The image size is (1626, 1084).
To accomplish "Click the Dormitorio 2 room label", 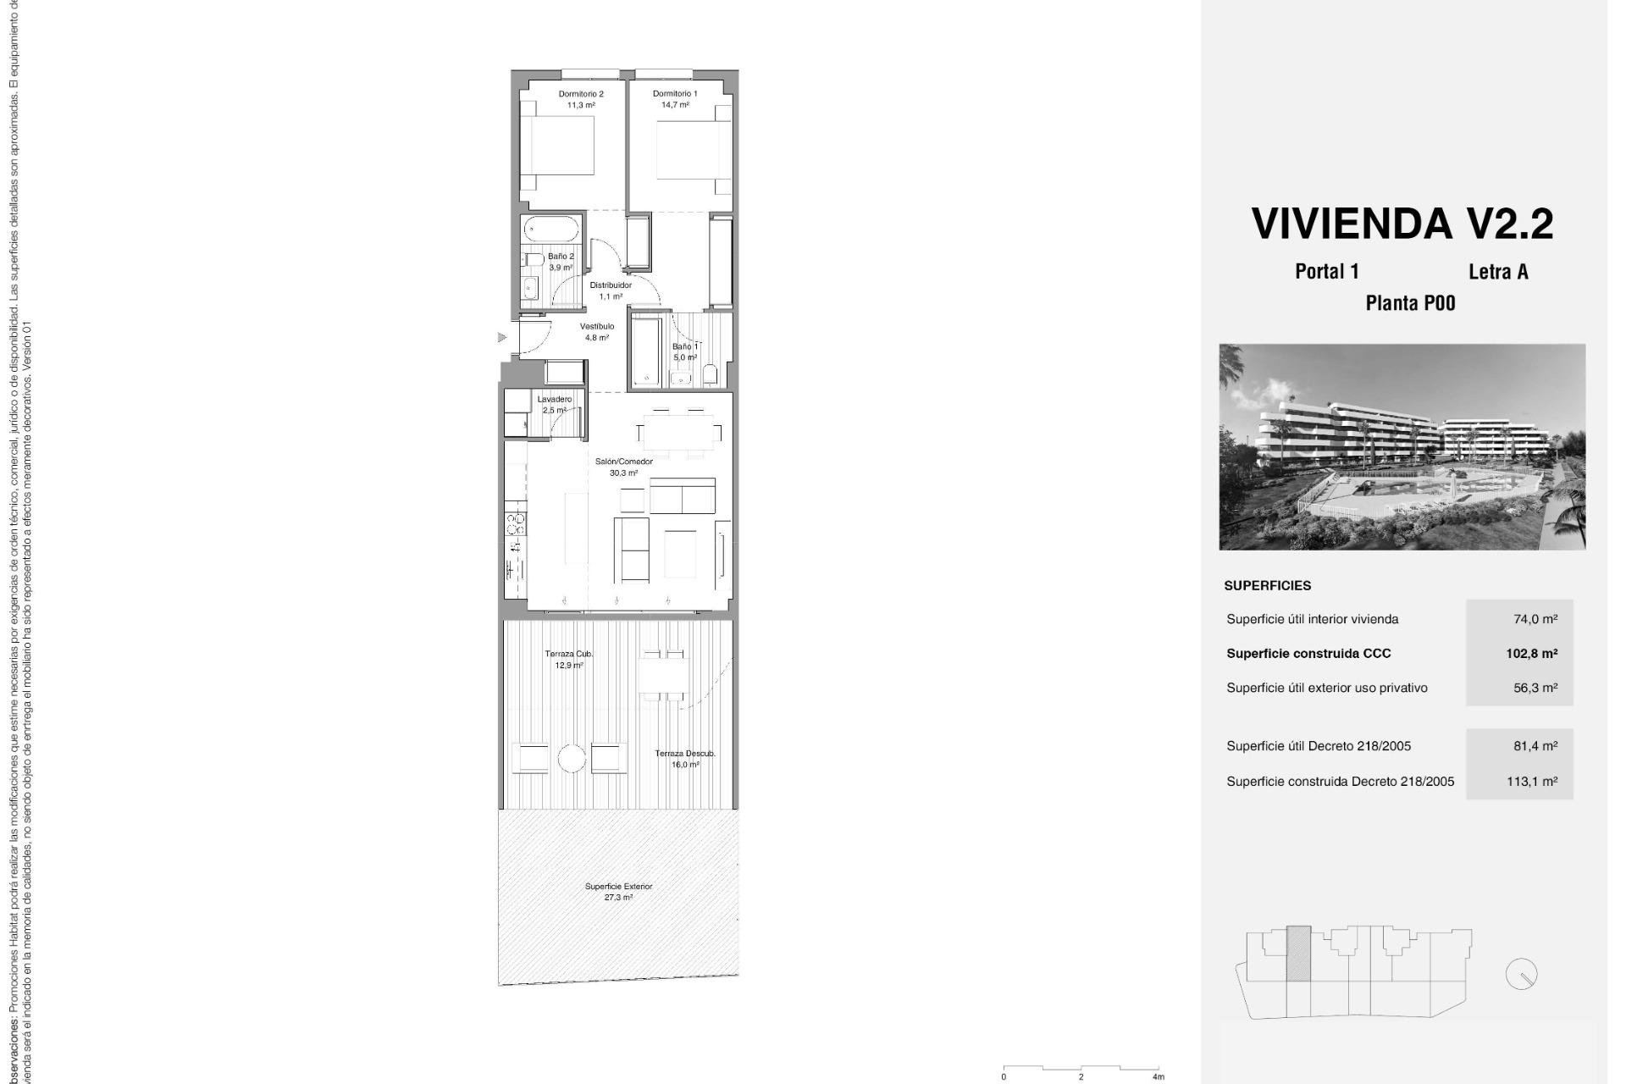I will [581, 94].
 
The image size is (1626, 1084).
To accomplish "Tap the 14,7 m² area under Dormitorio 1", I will [675, 105].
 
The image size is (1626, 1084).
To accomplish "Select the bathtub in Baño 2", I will [551, 228].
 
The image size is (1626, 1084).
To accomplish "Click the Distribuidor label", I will [611, 285].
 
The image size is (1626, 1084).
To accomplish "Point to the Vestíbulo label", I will [597, 326].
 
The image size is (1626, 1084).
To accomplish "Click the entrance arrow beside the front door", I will [502, 337].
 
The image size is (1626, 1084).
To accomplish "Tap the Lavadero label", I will [555, 399].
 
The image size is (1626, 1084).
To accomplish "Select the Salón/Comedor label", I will [623, 462].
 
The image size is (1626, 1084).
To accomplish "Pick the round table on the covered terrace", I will [572, 758].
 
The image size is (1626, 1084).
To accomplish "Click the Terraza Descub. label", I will [685, 753].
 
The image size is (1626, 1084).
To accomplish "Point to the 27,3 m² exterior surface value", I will [618, 898].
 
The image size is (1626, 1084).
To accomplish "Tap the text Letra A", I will [1498, 272].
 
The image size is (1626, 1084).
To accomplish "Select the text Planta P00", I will [1410, 303].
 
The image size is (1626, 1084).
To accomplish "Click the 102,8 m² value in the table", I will [1531, 653].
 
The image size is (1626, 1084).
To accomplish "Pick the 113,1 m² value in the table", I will [1531, 781].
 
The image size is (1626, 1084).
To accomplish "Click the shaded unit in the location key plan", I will [1298, 954].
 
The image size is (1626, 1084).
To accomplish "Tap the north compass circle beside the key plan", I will [1521, 975].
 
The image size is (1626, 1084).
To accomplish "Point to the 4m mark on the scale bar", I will [1158, 1076].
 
